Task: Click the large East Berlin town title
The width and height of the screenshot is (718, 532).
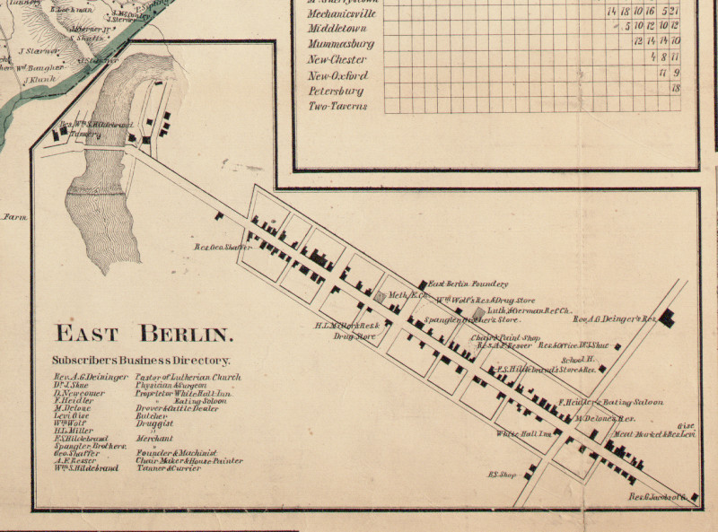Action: point(144,335)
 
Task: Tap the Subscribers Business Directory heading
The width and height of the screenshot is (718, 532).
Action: point(141,361)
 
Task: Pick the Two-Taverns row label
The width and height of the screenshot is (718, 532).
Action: point(337,106)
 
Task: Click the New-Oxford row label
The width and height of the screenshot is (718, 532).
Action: point(339,74)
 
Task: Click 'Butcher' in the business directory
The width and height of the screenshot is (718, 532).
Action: point(152,416)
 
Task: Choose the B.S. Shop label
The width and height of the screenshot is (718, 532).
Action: point(499,475)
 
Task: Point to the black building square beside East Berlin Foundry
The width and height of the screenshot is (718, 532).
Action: point(422,284)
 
